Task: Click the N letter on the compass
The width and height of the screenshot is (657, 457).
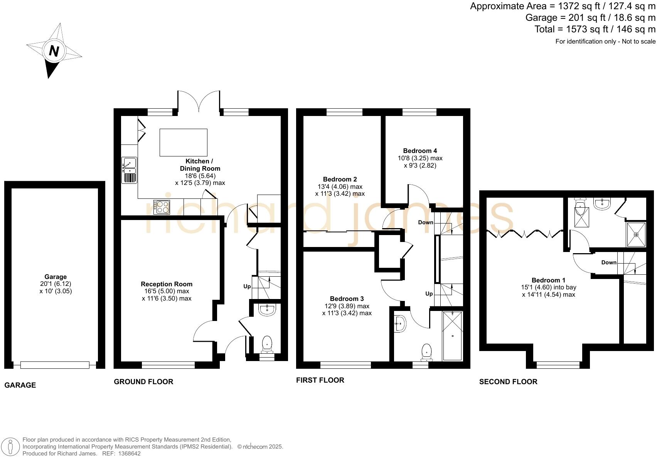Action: point(54,51)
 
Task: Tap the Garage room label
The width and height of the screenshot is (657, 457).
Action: point(56,277)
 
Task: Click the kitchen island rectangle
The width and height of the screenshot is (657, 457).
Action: point(184,142)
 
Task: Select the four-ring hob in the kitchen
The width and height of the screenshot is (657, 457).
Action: point(162,207)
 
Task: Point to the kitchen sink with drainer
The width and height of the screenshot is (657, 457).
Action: point(130,170)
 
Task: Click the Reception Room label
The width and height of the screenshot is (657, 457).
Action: point(167,284)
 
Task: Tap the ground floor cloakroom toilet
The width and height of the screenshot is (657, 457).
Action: point(267,344)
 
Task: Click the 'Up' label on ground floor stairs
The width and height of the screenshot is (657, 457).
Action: point(247,286)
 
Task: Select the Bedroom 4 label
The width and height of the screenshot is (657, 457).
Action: point(420,151)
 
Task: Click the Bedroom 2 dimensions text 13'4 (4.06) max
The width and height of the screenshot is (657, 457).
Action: point(340,186)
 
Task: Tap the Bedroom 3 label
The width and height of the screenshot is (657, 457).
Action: point(347,299)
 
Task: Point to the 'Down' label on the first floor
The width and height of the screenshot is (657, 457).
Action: point(426,222)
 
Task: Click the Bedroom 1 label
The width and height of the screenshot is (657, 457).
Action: point(548,280)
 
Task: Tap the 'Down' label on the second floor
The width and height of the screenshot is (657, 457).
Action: point(609,262)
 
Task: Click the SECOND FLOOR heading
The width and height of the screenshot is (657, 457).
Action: point(508,381)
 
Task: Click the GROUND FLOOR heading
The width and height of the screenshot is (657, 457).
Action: point(143,381)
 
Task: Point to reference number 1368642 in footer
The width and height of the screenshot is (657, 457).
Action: point(127,454)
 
